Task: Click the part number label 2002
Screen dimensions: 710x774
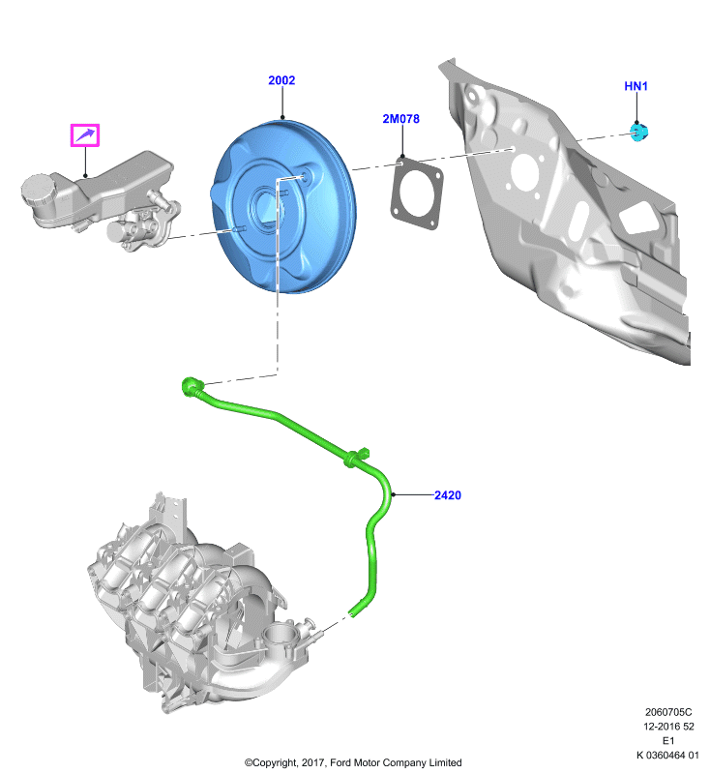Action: coord(281,80)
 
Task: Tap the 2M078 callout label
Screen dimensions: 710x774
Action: coord(400,118)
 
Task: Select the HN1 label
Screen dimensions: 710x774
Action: coord(636,86)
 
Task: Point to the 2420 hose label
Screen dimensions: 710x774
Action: coord(448,495)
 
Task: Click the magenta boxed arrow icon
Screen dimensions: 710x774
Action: coord(85,135)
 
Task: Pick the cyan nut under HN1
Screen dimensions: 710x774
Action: coord(639,133)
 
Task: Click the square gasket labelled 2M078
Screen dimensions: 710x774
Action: coord(417,194)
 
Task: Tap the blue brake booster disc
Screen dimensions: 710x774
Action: coord(284,206)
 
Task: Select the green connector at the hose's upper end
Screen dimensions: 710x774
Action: coord(191,385)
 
